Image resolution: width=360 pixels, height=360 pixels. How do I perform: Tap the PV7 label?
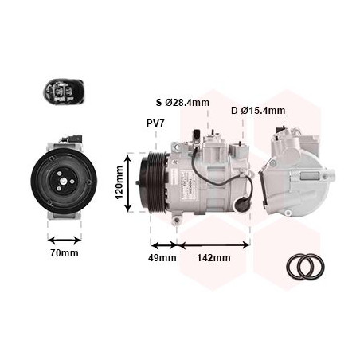pos(156,123)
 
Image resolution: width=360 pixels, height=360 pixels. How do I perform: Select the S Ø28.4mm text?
pos(182,103)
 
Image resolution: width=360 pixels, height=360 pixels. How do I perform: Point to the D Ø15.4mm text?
pos(258,110)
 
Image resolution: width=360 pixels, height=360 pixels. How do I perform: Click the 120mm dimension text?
pos(119,182)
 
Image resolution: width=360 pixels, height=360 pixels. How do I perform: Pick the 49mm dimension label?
pos(162,257)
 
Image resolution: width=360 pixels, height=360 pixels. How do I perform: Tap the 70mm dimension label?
pos(64,253)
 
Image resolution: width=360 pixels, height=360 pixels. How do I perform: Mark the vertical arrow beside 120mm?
pos(130,182)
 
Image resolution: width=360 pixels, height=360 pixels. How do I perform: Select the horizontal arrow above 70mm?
pos(64,238)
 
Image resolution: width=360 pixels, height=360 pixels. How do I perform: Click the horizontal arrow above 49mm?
pos(163,245)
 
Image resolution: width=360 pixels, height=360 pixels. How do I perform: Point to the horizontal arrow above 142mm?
pos(213,245)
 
